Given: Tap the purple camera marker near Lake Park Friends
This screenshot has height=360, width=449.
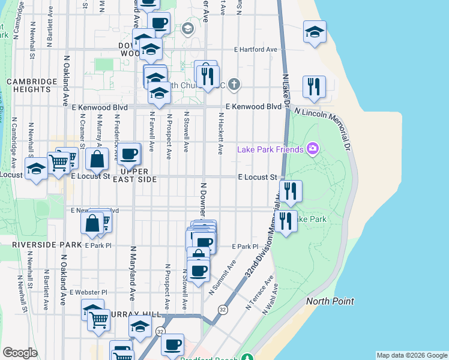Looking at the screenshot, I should click(x=312, y=148).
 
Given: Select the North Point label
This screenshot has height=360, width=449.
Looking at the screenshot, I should click(x=330, y=301).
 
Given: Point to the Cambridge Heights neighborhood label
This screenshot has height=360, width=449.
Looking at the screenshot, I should click(x=28, y=85).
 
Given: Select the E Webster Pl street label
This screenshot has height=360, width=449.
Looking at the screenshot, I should click(x=88, y=292).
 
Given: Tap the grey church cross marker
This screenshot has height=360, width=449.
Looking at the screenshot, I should click(x=234, y=85).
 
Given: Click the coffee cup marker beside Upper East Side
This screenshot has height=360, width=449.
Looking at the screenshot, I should click(x=128, y=155).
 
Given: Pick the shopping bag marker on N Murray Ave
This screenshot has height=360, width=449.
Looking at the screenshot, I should click(x=97, y=160).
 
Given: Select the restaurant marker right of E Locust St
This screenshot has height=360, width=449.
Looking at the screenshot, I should click(x=291, y=191).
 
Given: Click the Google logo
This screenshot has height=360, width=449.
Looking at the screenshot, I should click(x=20, y=353).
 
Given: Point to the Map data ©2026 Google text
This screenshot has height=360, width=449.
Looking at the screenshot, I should click(x=411, y=355).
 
